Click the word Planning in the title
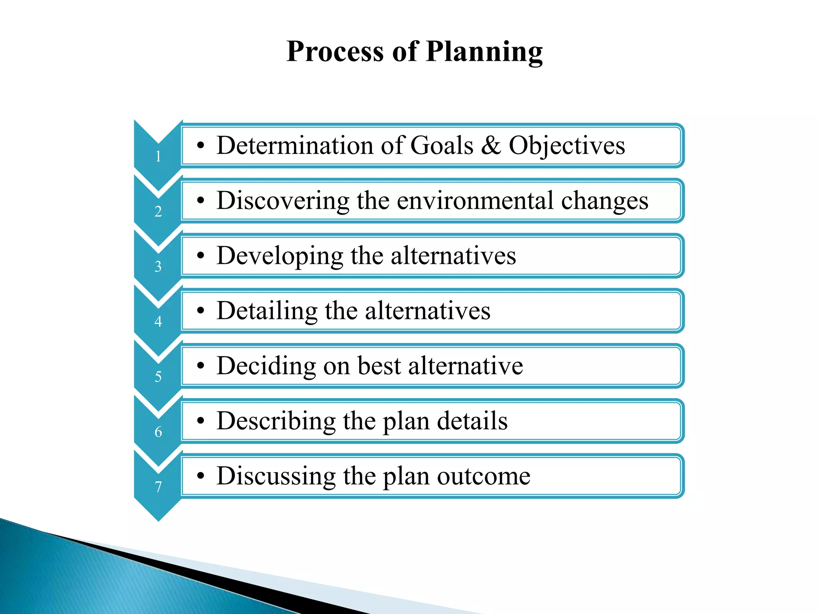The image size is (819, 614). click(x=484, y=52)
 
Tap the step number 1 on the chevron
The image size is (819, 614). click(x=158, y=156)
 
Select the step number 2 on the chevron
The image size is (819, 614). click(x=158, y=211)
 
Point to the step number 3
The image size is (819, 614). click(x=158, y=267)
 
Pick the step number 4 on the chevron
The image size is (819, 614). click(x=158, y=322)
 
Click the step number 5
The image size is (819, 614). click(x=158, y=377)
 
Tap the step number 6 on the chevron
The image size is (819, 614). click(x=158, y=432)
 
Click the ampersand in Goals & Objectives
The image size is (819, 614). click(x=491, y=145)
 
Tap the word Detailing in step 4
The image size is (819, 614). click(x=267, y=311)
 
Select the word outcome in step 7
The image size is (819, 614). click(x=483, y=476)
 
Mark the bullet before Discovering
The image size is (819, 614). click(x=201, y=201)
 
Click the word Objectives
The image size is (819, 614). click(x=567, y=146)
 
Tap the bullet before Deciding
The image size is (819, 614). click(x=201, y=366)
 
